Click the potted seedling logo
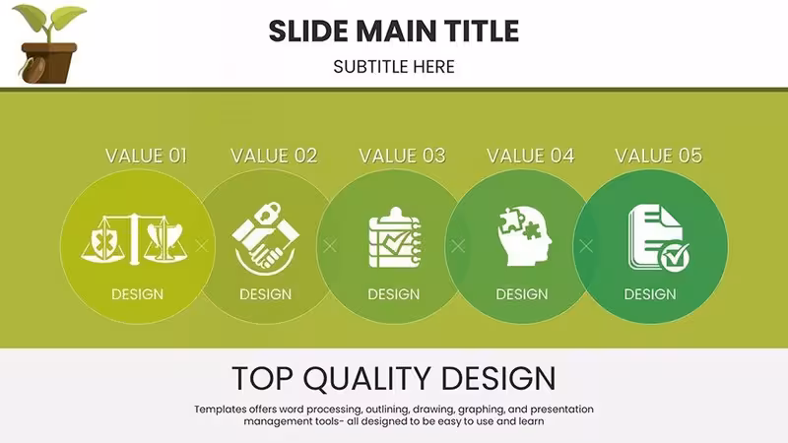(x=48, y=43)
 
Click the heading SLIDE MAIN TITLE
(x=393, y=32)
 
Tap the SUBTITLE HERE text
(x=393, y=67)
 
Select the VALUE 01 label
(x=146, y=156)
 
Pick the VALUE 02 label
(x=274, y=156)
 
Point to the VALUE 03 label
(x=402, y=156)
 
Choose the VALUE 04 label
(x=530, y=156)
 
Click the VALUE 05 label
(x=658, y=156)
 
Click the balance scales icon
(x=134, y=238)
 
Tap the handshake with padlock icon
(x=265, y=238)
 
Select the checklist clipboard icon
(x=395, y=237)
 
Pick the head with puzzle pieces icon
(x=524, y=236)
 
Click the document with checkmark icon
(x=658, y=237)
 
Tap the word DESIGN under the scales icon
(x=137, y=294)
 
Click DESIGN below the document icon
(x=650, y=294)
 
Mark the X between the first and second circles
(x=202, y=246)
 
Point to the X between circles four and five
(x=586, y=246)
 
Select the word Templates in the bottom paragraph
(x=220, y=410)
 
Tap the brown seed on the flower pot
(x=33, y=70)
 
